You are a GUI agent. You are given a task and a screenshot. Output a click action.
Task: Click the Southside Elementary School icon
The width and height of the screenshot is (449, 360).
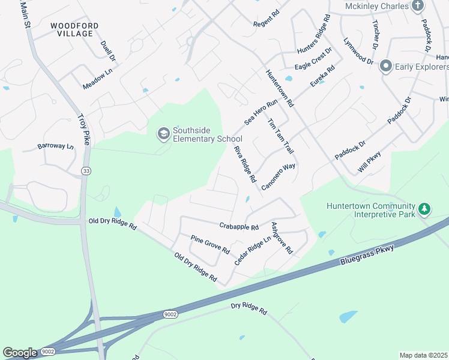click(163, 134)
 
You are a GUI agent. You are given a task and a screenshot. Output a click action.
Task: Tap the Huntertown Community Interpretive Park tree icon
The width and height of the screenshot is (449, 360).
click(425, 209)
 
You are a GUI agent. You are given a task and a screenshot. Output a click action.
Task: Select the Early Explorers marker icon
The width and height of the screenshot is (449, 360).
click(385, 66)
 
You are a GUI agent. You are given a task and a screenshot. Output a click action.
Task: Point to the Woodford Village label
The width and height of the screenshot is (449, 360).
click(72, 29)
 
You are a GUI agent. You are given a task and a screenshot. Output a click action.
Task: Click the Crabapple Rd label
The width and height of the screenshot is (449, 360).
click(238, 227)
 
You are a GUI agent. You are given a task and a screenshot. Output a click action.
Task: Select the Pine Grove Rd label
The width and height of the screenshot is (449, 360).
click(210, 244)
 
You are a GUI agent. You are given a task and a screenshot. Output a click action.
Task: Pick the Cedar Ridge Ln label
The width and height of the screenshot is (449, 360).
click(249, 251)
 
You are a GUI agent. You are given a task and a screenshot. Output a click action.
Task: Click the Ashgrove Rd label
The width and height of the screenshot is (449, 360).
click(281, 238)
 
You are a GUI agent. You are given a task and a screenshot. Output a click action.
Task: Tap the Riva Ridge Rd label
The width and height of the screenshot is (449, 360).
click(245, 164)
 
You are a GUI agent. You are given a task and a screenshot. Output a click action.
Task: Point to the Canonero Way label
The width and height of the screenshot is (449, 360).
click(279, 176)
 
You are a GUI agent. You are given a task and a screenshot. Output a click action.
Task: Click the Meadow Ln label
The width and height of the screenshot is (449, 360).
click(98, 79)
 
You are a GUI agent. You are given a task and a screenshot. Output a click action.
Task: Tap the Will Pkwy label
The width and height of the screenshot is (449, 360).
click(370, 163)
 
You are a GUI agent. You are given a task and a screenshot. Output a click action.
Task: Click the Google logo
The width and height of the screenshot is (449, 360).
click(20, 353)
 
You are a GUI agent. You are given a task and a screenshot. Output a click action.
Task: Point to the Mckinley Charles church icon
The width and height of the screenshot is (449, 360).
click(418, 6)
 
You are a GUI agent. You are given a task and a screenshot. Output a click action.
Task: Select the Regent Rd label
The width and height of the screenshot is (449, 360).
click(267, 18)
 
